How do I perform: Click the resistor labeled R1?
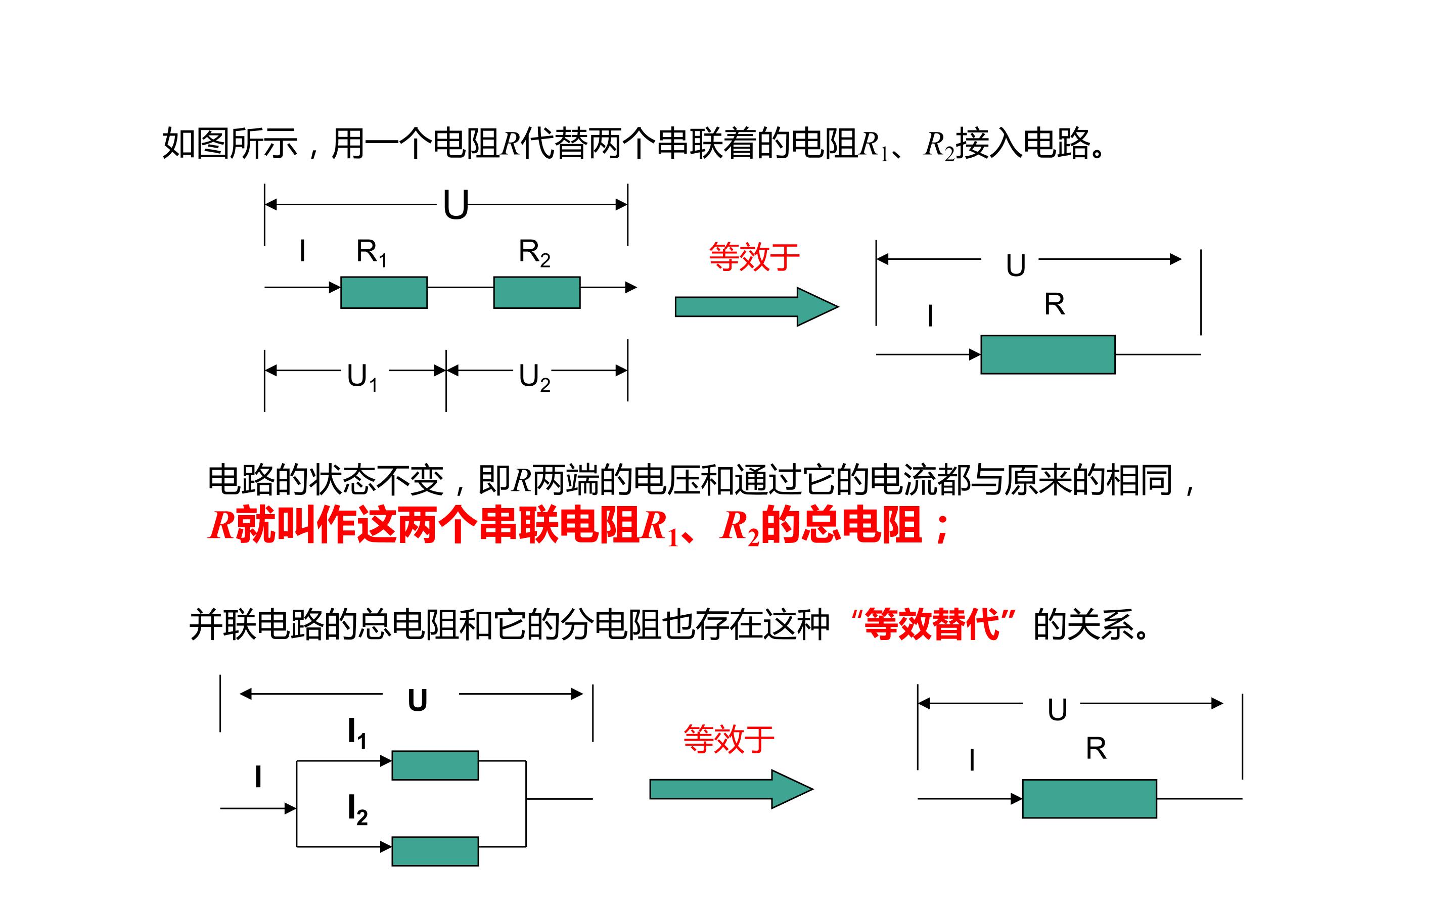pos(384,293)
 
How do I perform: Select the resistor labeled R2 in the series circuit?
pos(537,293)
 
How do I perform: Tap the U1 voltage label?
pos(363,377)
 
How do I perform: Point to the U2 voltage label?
pos(535,377)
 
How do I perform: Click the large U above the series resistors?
pos(456,205)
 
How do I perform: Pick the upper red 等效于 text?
pos(754,257)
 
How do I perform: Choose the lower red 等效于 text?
pos(729,739)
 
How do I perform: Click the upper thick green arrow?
pos(757,307)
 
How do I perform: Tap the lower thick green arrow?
pos(732,789)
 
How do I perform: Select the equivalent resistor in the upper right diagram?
pos(1048,354)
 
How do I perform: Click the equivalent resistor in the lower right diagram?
pos(1089,799)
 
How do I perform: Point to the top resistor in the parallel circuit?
pos(435,765)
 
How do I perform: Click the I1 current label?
pos(357,734)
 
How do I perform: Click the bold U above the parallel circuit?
pos(418,701)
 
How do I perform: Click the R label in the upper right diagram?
pos(1055,304)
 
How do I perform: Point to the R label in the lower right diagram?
pos(1096,749)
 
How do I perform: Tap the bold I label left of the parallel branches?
pos(258,777)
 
